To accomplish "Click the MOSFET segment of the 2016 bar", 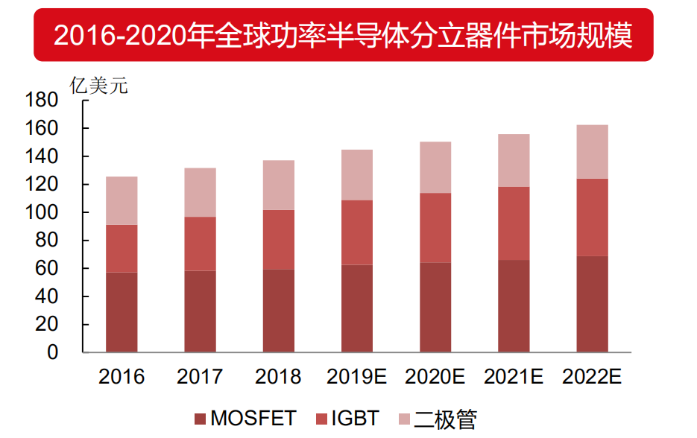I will coord(122,312).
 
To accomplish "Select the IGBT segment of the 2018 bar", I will coord(278,240).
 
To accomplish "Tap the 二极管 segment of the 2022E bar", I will coord(592,152).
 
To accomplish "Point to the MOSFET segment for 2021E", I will coord(514,306).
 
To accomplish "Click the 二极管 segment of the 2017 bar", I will coord(200,192).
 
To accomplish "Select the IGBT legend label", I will coord(356,419).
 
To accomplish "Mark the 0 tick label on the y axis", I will coord(52,353).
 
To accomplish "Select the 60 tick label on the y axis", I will coord(46,269).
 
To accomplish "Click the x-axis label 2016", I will coord(122,377).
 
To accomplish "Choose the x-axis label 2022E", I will coord(592,377).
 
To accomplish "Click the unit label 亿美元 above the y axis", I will coord(98,86).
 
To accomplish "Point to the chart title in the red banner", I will coord(344,35).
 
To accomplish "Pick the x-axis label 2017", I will coord(200,377).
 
